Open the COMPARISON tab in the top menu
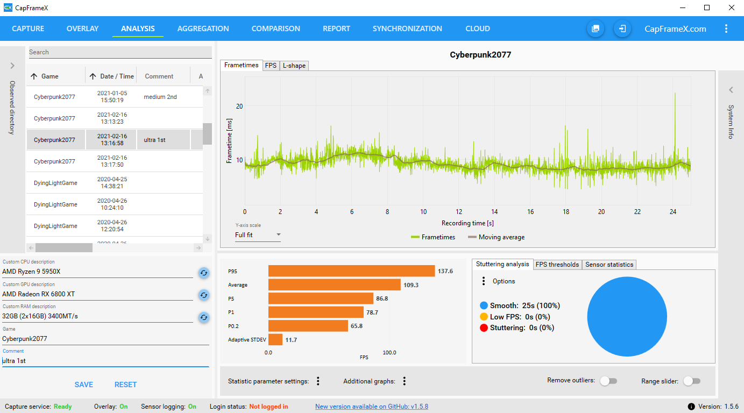tap(275, 29)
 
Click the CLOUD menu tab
tap(477, 29)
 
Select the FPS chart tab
tap(271, 66)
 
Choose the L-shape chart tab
tap(294, 66)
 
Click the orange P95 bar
tap(351, 271)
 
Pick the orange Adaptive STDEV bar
tap(275, 339)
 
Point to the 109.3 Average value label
tap(411, 285)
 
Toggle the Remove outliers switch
tap(608, 381)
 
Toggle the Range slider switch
tap(691, 381)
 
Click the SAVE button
tap(84, 384)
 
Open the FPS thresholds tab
tap(557, 265)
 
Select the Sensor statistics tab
tap(609, 265)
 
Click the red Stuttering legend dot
tap(484, 327)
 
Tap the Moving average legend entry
tap(496, 237)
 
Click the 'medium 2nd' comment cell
tap(160, 97)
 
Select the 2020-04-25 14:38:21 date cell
tap(112, 183)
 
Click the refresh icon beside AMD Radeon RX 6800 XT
tap(203, 295)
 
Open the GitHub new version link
tap(372, 407)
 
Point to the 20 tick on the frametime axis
tap(239, 106)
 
